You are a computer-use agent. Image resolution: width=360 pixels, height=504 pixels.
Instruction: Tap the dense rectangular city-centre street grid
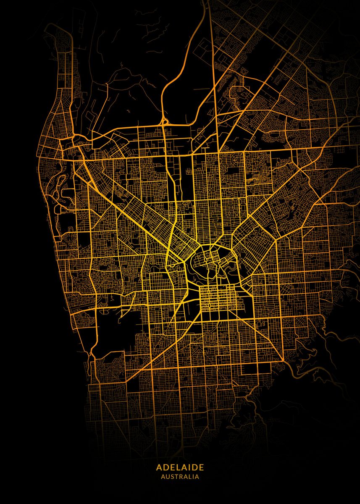218,299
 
